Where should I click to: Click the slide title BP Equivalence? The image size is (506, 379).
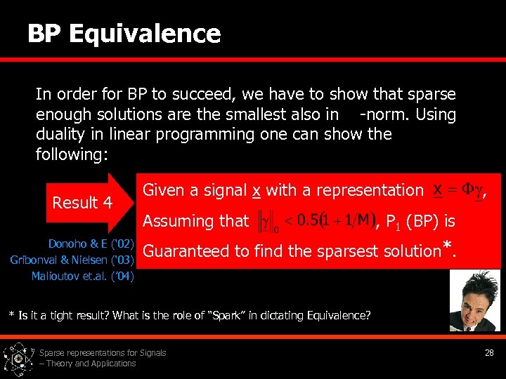tap(124, 33)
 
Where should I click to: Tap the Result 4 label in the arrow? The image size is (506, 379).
tap(82, 203)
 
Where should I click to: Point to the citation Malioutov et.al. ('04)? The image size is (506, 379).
tap(82, 277)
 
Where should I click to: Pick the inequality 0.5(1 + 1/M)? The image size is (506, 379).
tap(333, 221)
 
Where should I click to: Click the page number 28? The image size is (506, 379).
tap(489, 353)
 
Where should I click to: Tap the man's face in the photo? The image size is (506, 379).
tap(472, 288)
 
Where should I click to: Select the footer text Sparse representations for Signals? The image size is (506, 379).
tap(103, 353)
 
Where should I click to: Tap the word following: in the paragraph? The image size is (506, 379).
tap(72, 154)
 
